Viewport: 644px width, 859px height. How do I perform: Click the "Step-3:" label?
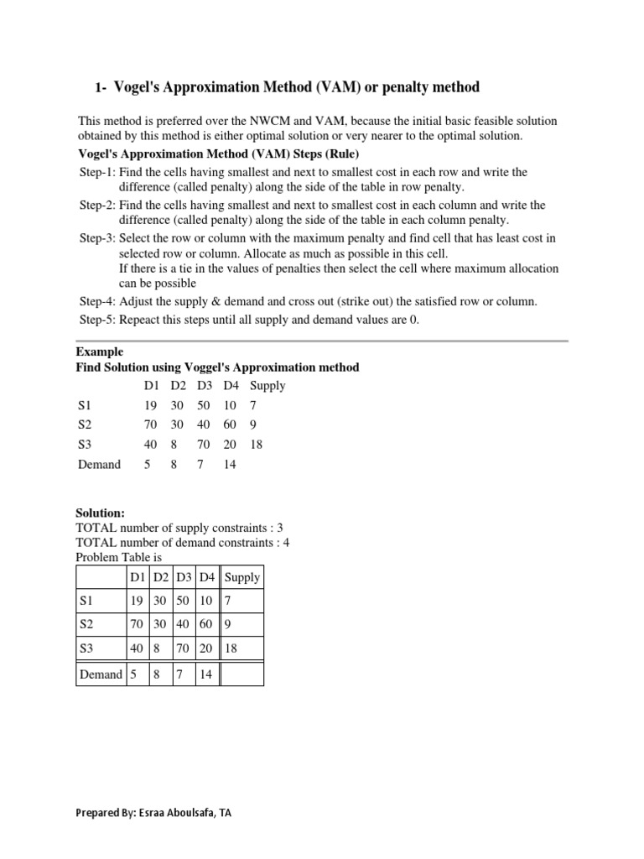(97, 238)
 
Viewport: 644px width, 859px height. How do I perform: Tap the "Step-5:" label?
(97, 320)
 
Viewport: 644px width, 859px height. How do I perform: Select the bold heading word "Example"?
(99, 351)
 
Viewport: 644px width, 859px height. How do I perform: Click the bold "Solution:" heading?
(100, 513)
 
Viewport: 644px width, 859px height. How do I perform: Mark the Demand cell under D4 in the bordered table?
(205, 674)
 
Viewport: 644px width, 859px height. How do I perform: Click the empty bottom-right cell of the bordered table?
(241, 674)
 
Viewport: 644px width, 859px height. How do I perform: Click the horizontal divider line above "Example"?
(322, 341)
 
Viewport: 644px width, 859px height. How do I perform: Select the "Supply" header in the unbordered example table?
(267, 386)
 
